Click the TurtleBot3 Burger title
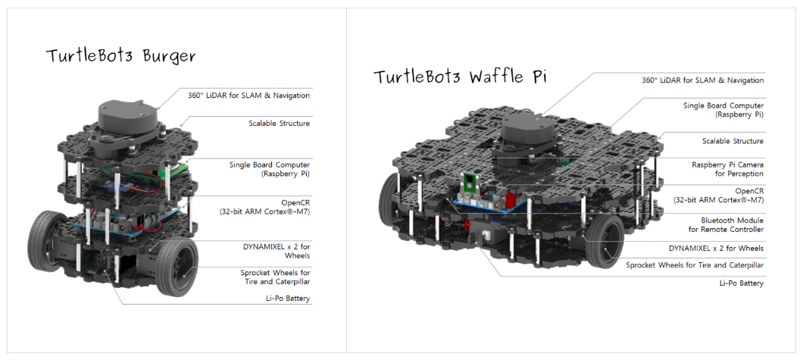(120, 56)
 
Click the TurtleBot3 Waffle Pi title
(460, 77)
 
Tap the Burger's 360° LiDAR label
(248, 95)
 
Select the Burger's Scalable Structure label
(279, 123)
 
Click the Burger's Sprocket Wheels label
(272, 277)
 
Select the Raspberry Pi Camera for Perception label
(727, 169)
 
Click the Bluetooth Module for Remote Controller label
(726, 224)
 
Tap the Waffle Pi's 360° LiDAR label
(702, 80)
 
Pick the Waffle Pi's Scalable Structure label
(733, 141)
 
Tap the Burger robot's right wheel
(178, 266)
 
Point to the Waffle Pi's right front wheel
(603, 241)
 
